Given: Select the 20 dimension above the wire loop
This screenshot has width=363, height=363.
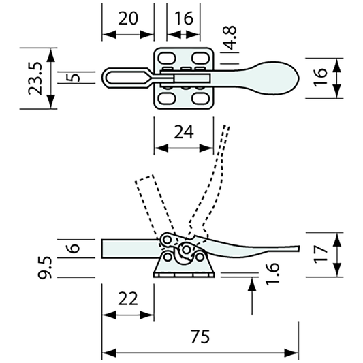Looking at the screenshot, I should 127,19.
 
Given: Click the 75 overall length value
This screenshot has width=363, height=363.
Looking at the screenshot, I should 200,336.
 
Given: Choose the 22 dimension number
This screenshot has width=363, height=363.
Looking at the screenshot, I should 127,298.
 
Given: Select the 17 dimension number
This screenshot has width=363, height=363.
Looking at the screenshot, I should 323,254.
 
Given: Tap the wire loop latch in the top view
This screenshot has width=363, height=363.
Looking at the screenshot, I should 126,76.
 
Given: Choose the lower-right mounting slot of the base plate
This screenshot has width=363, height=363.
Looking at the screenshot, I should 200,98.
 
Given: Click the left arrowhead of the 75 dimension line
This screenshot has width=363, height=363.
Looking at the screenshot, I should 106,353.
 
